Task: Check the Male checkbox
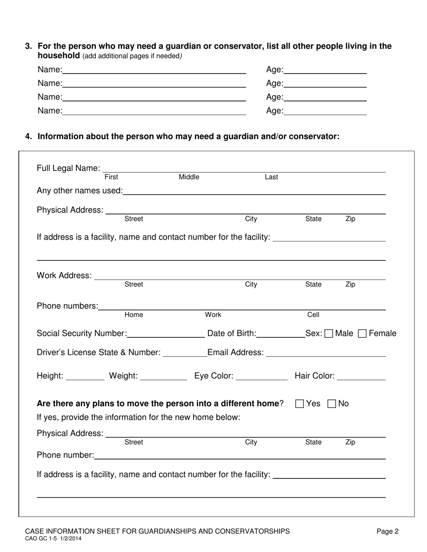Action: coord(329,334)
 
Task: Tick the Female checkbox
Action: coord(362,334)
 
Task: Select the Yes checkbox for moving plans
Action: coord(300,404)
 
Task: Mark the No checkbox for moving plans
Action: coord(332,404)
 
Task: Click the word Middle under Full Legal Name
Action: coord(189,177)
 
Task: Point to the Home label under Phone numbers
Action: coord(133,315)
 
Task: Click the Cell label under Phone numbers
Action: coord(313,315)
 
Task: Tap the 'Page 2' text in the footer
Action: coord(387,532)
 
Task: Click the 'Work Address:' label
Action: coord(64,276)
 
